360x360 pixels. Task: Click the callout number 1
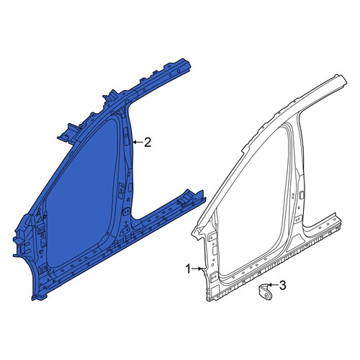(x=189, y=269)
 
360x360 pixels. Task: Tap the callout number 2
(x=148, y=143)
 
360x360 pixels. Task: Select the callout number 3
(x=282, y=285)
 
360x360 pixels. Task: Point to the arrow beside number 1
(x=197, y=269)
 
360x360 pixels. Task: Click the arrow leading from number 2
(x=138, y=143)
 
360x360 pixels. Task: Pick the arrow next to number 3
(x=272, y=285)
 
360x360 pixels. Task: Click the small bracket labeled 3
(x=265, y=292)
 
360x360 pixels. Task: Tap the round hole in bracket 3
(x=266, y=295)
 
